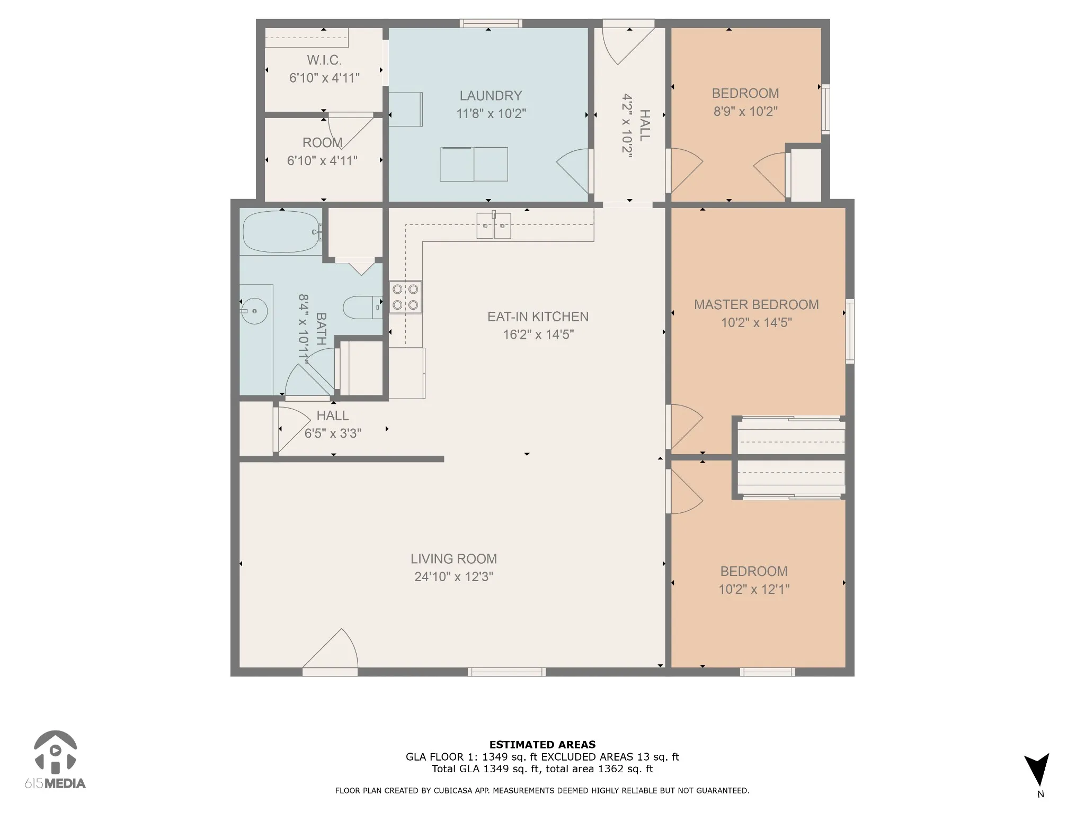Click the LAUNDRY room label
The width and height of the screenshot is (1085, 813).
pyautogui.click(x=491, y=96)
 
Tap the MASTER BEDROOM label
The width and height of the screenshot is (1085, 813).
pyautogui.click(x=756, y=305)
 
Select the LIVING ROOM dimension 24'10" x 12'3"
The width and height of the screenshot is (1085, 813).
pyautogui.click(x=453, y=576)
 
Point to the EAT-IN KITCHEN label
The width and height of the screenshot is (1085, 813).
pyautogui.click(x=538, y=317)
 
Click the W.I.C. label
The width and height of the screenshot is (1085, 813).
pyautogui.click(x=324, y=60)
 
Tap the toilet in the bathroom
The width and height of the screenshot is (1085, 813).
pyautogui.click(x=362, y=307)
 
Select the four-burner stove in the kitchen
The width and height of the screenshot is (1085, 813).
pyautogui.click(x=405, y=297)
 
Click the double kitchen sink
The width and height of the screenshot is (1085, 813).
pyautogui.click(x=493, y=225)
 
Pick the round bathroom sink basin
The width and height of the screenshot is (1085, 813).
pyautogui.click(x=254, y=311)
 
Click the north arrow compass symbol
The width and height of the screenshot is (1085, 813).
pyautogui.click(x=1037, y=771)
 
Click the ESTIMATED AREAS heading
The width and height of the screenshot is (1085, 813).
pyautogui.click(x=542, y=745)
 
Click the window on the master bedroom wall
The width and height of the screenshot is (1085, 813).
pyautogui.click(x=850, y=331)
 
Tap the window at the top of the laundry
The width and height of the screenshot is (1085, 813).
pyautogui.click(x=491, y=23)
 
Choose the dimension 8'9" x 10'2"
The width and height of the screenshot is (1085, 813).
pyautogui.click(x=745, y=111)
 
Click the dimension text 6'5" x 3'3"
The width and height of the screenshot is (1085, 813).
pyautogui.click(x=333, y=433)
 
